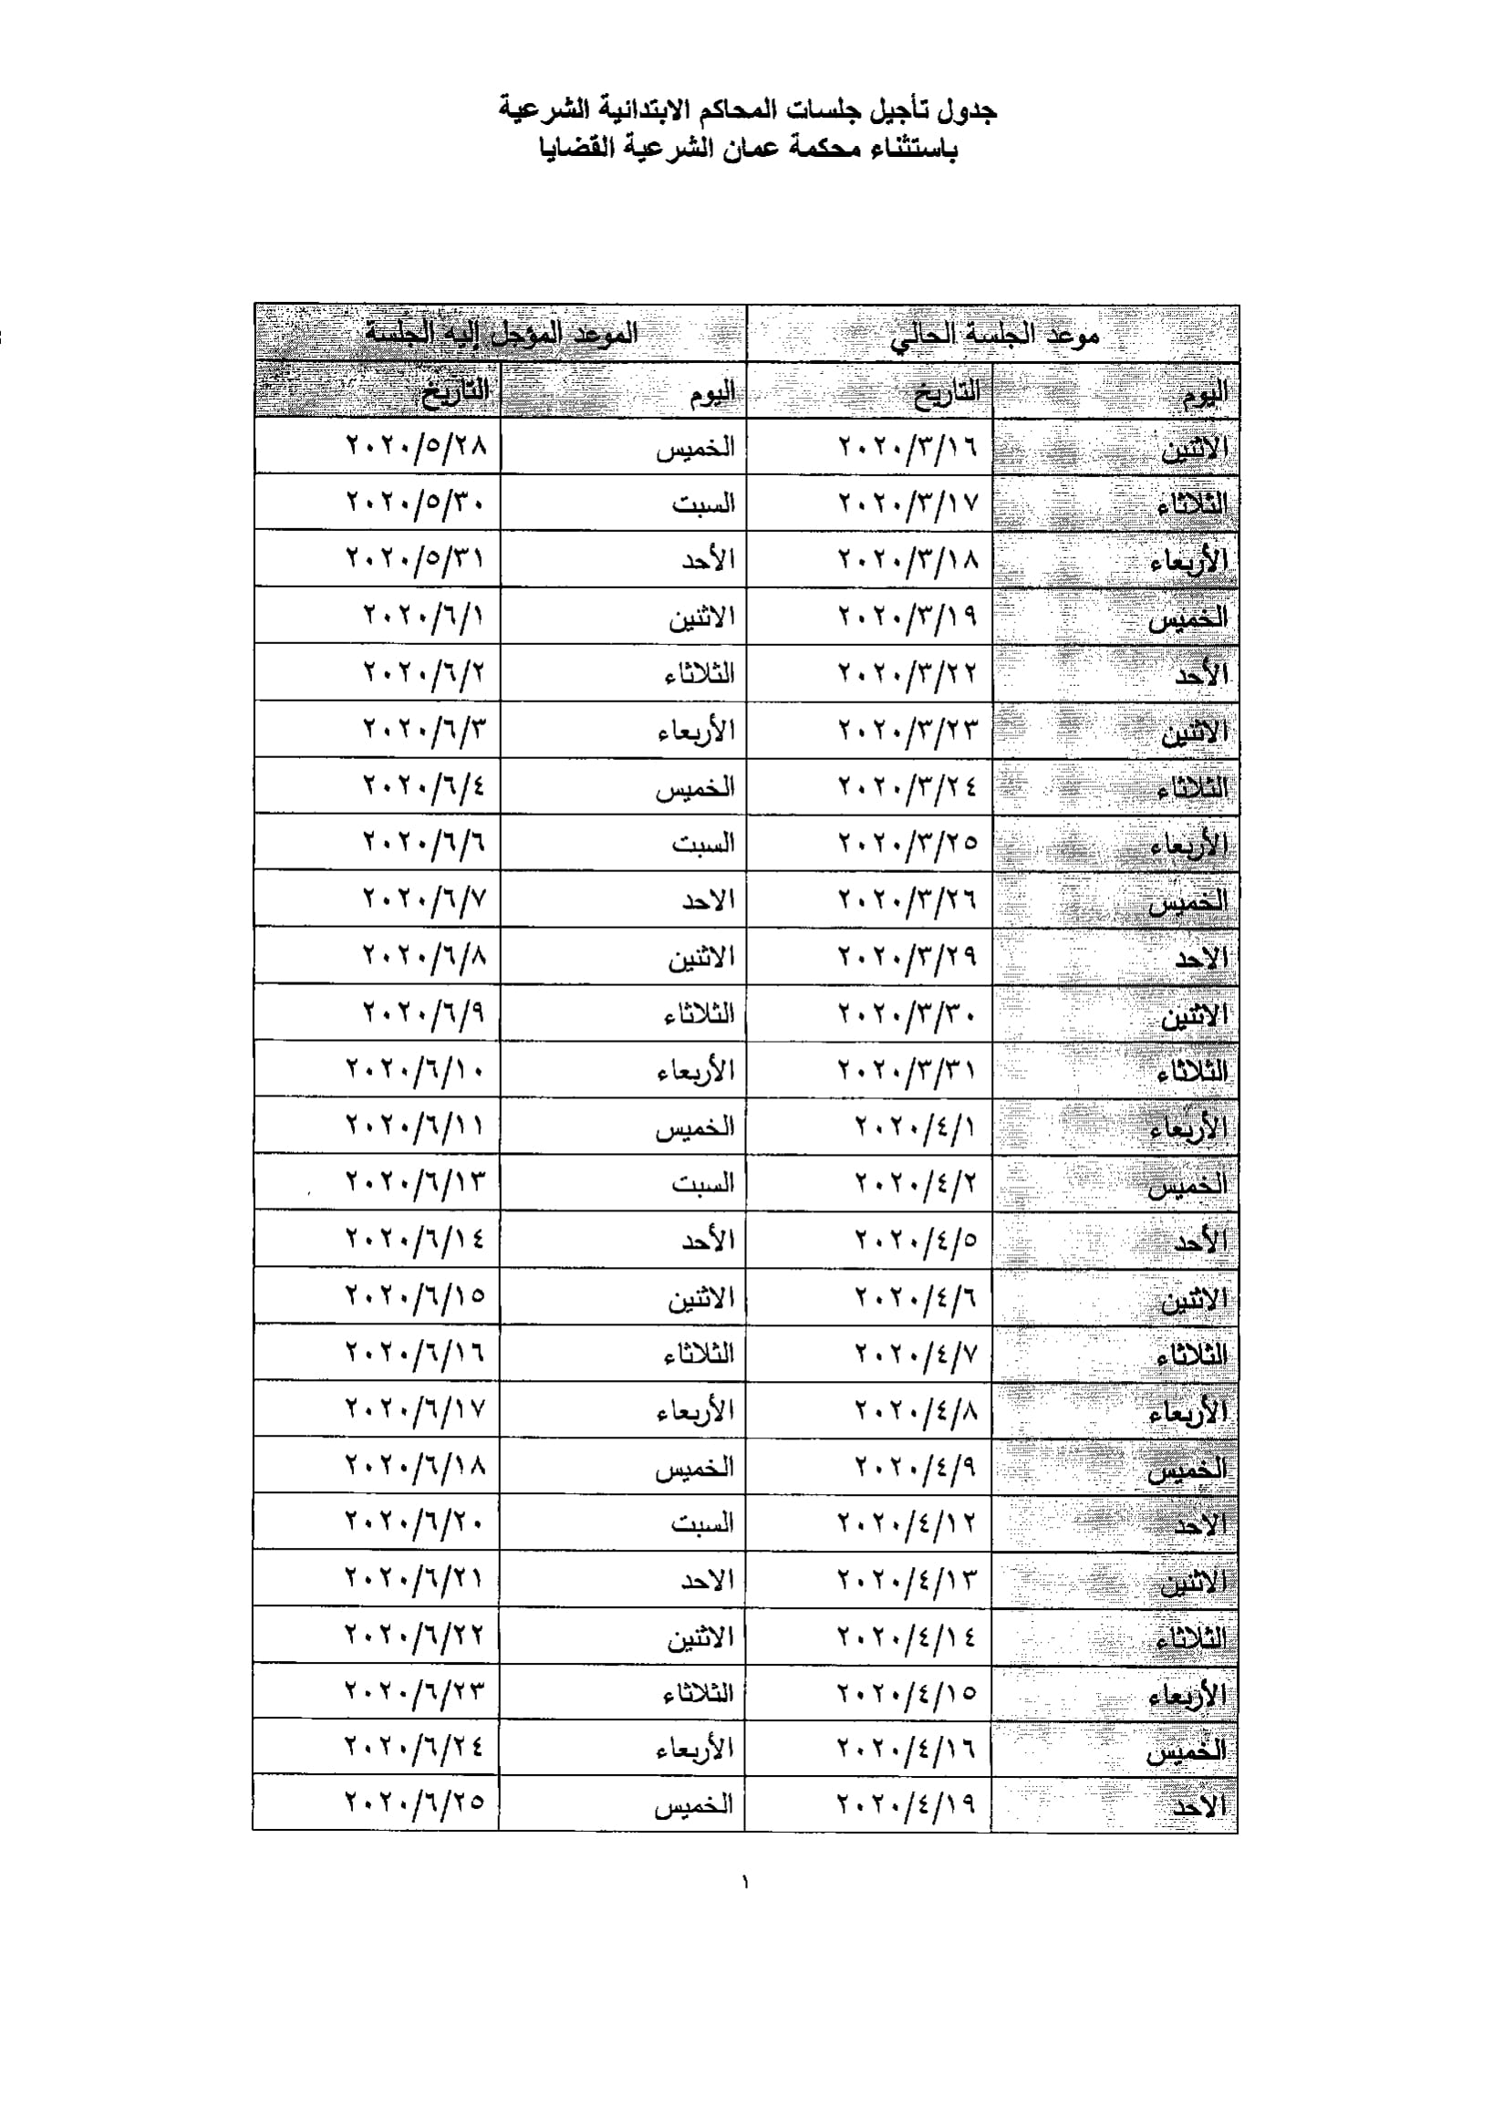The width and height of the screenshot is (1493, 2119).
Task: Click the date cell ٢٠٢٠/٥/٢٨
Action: pyautogui.click(x=416, y=446)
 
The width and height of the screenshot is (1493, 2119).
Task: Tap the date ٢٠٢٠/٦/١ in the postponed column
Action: pyautogui.click(x=423, y=616)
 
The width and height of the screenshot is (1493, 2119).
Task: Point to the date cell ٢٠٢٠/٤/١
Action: pyautogui.click(x=916, y=1126)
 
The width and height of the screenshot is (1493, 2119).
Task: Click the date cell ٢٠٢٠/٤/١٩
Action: pyautogui.click(x=907, y=1802)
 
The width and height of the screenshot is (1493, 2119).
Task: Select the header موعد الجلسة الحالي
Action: pyautogui.click(x=995, y=335)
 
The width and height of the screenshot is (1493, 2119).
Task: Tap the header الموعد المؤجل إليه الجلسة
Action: pyautogui.click(x=501, y=333)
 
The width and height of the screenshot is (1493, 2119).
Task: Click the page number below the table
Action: pyautogui.click(x=745, y=1883)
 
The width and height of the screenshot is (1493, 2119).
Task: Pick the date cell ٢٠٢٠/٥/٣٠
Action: pyautogui.click(x=416, y=503)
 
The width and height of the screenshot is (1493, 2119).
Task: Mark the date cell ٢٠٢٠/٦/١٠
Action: pyautogui.click(x=416, y=1070)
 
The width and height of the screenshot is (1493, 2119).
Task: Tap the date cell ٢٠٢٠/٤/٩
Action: pyautogui.click(x=916, y=1466)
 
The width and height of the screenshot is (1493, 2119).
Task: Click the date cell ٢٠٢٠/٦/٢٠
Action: pyautogui.click(x=415, y=1521)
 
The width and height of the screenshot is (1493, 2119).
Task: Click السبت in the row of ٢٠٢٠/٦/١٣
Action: pyautogui.click(x=703, y=1183)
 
